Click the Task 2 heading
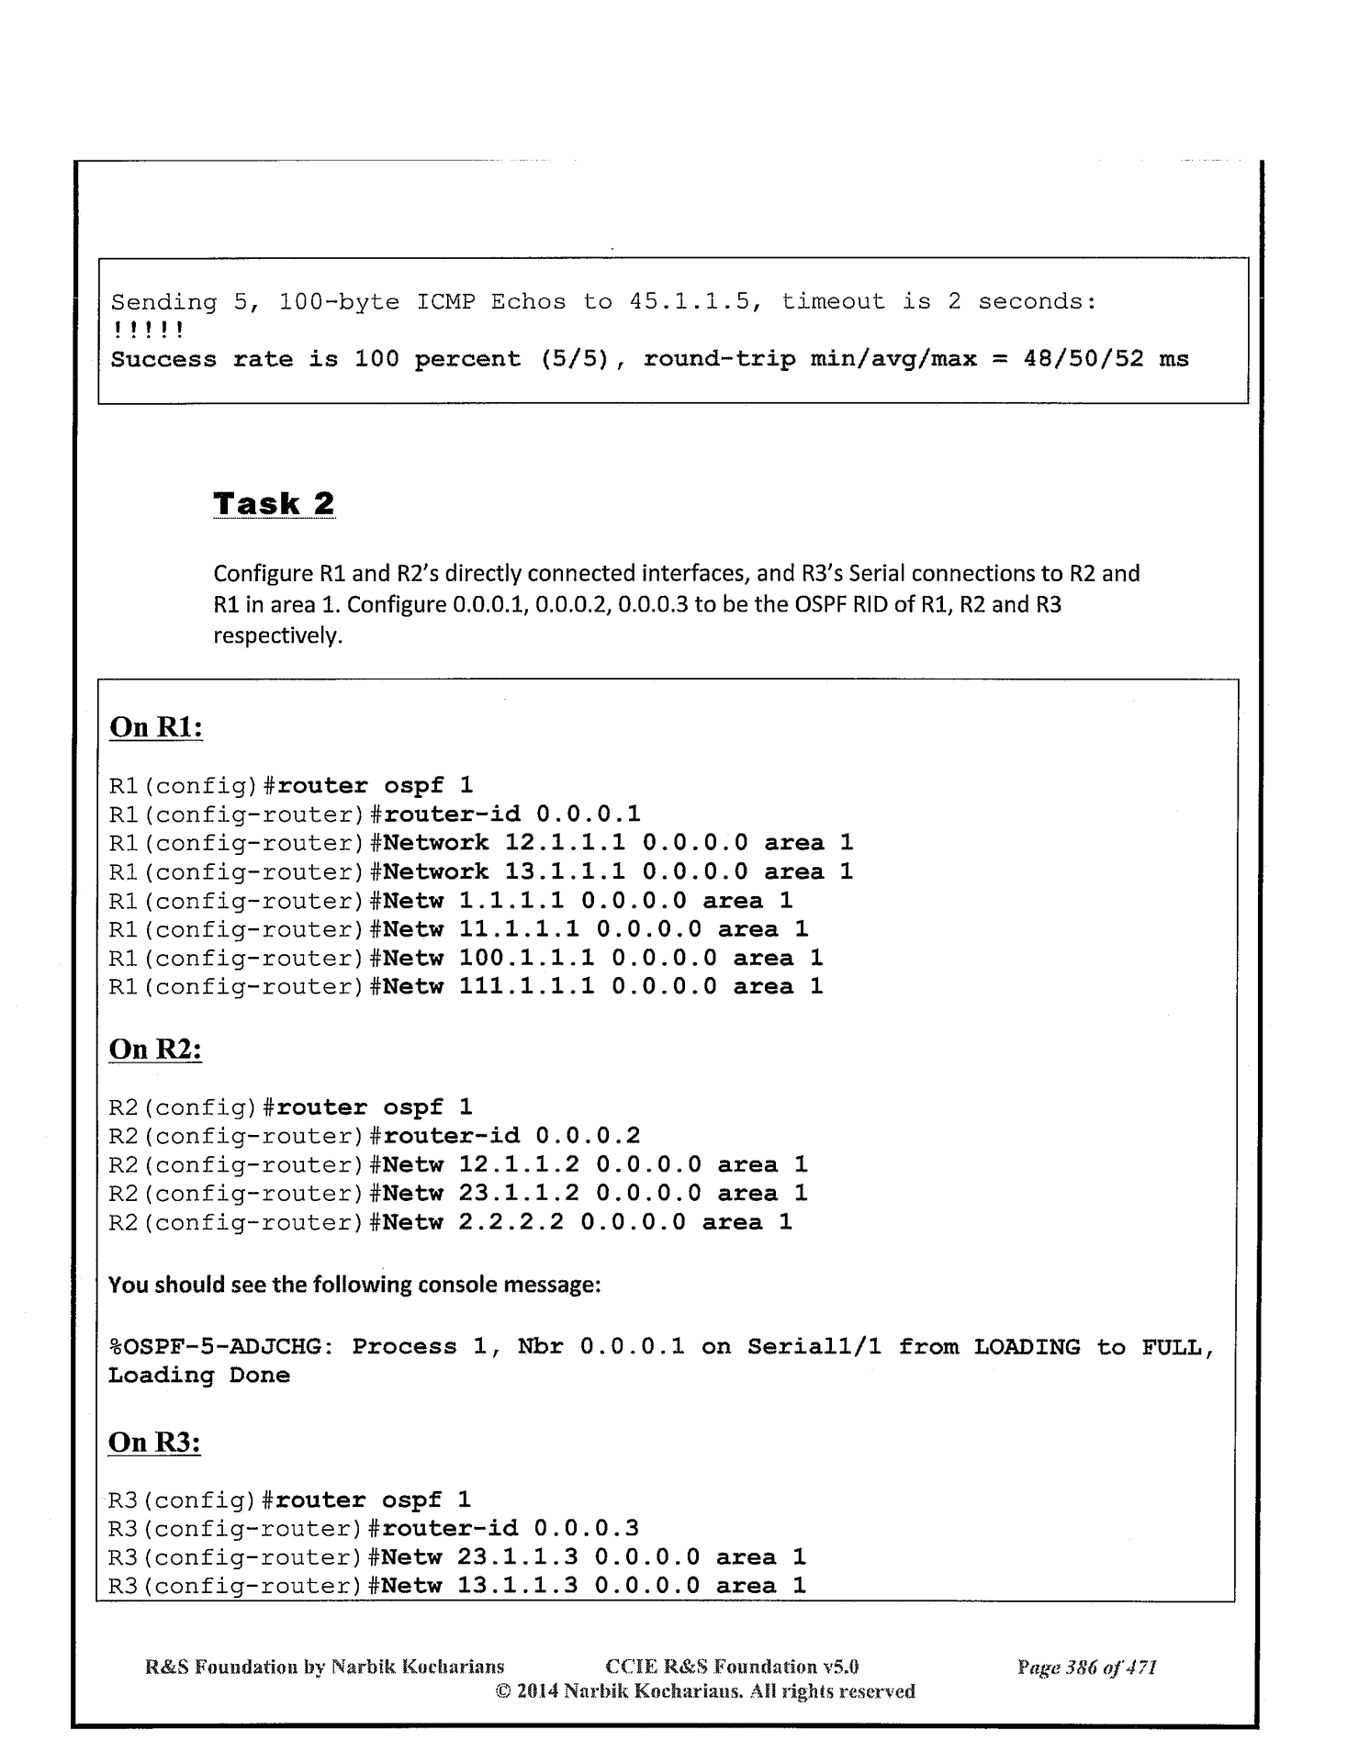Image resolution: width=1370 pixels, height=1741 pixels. pos(274,503)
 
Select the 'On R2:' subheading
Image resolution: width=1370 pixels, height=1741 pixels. pos(155,1049)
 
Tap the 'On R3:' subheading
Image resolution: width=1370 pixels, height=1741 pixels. pos(154,1442)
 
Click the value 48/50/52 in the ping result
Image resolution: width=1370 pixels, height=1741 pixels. pos(1092,359)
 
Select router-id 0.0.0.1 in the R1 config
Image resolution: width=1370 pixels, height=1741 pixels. pos(588,814)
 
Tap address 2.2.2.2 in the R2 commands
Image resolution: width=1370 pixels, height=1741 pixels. pos(511,1222)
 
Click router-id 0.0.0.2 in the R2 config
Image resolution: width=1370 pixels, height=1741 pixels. pos(588,1136)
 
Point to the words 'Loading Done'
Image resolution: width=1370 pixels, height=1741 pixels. pos(198,1376)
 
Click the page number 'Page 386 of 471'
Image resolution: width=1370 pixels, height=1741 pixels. pos(1086,1667)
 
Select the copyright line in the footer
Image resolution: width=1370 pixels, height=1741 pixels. pos(704,1690)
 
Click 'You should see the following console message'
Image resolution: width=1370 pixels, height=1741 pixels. pos(354,1284)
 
